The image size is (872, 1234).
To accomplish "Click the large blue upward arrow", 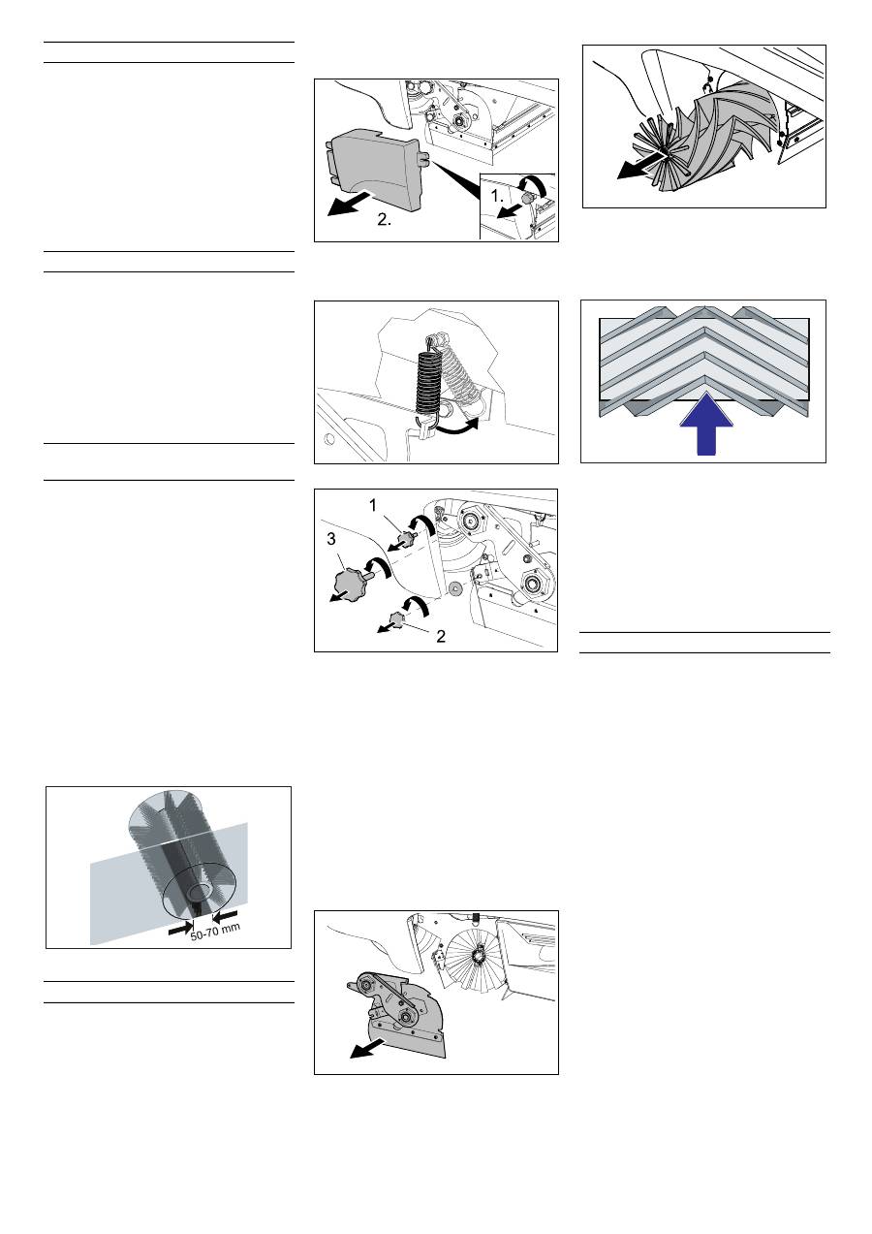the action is point(705,424).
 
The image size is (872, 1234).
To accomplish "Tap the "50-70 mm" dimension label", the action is point(215,933).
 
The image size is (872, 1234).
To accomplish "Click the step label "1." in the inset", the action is point(497,195).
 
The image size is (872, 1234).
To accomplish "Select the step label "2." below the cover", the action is point(385,219).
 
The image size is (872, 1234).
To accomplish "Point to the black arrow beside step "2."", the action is point(350,204).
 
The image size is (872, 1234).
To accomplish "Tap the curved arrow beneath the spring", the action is point(454,427).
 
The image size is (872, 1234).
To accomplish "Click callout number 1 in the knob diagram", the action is point(373,505).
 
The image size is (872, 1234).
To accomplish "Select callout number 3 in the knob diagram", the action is point(330,539).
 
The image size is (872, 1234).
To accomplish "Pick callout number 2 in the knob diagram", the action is point(441,636).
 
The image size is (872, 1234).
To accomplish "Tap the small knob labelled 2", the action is point(397,619).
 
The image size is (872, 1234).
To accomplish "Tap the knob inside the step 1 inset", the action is point(527,197).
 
